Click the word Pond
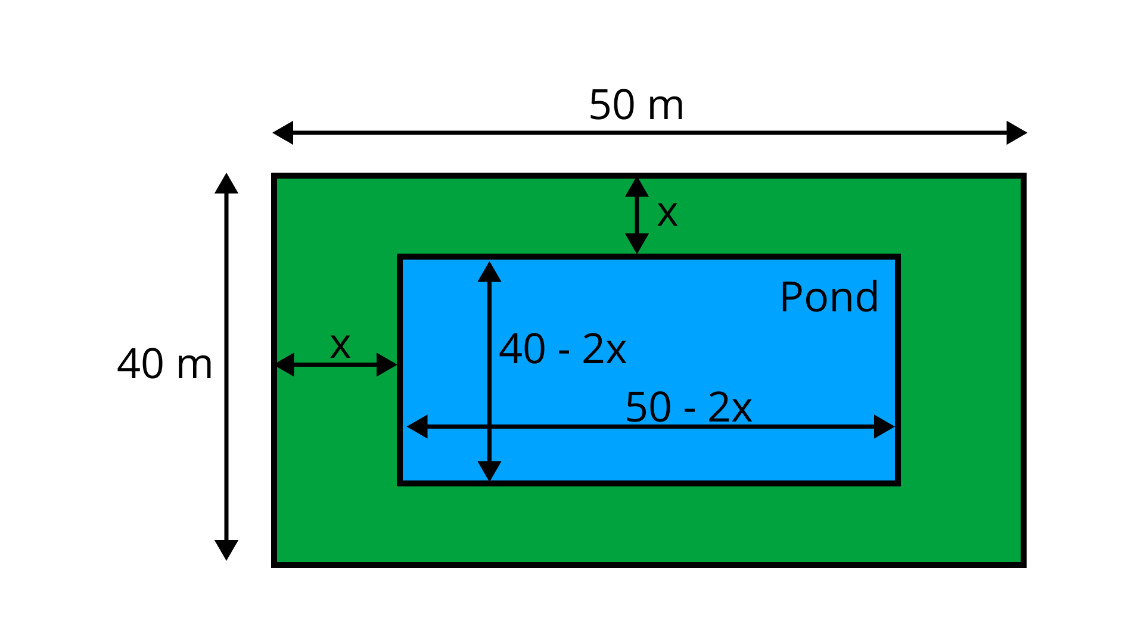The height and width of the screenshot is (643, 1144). pos(829,296)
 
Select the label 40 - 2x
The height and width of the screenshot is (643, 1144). pos(562,349)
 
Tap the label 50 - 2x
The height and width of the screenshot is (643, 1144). pos(688,407)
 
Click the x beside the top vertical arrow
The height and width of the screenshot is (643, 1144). pos(667,213)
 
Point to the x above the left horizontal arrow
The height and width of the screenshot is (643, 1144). pos(340,345)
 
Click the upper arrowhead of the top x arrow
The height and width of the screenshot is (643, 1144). pos(637,187)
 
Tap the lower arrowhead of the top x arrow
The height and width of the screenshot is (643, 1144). pos(637,243)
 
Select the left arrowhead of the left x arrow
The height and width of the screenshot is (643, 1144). pos(285,364)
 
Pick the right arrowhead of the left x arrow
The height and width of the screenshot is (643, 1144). pos(386,364)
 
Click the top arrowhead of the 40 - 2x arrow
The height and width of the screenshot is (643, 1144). pos(489,272)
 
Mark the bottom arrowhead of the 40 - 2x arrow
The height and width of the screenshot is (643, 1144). pos(489,470)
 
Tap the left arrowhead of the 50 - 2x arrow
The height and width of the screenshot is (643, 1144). pos(418,426)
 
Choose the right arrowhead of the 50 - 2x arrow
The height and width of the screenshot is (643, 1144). pos(884,426)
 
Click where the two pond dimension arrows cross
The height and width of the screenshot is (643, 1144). pos(489,426)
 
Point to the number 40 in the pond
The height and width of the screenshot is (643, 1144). pos(522,349)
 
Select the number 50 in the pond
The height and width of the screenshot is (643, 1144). pos(648,407)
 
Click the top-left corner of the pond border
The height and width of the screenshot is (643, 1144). pos(400,257)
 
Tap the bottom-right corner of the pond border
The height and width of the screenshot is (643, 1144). pos(898,483)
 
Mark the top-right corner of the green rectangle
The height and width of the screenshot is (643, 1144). pos(1020,179)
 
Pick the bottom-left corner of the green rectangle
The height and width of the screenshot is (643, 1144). pos(278,561)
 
